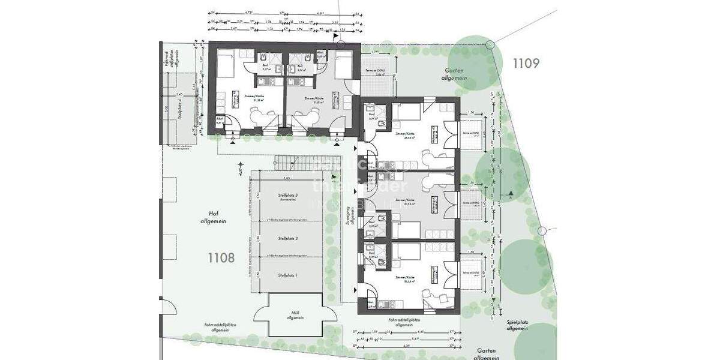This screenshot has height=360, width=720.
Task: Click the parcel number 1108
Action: point(221,259)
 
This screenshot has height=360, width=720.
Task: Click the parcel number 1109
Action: point(527,62)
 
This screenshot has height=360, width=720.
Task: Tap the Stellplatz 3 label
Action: point(288,198)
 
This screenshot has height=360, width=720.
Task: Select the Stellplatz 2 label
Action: point(288,239)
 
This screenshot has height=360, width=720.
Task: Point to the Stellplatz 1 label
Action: point(288,275)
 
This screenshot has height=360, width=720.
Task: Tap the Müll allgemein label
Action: point(295,315)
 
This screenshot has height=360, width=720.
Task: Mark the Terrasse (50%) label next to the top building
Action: point(376,73)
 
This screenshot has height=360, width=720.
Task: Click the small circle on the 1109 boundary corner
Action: point(490,44)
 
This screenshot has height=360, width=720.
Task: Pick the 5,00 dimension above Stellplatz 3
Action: point(287,179)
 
